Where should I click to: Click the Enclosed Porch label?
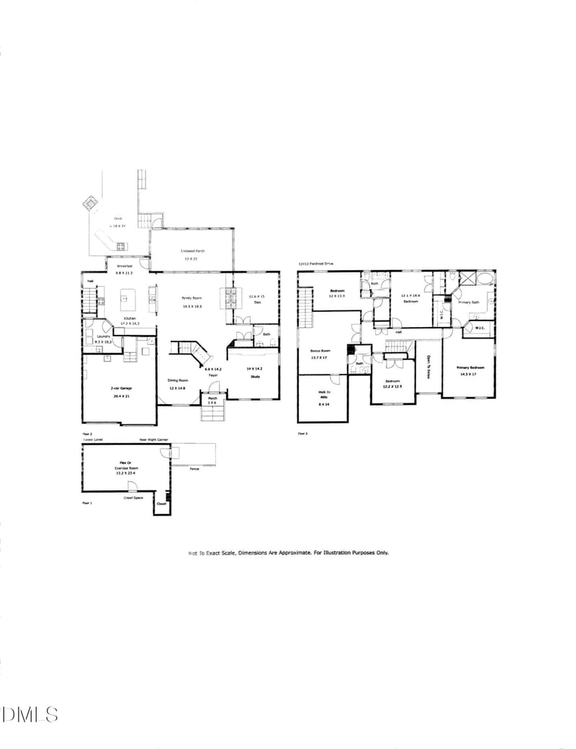tap(192, 251)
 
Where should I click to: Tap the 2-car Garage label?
tap(120, 388)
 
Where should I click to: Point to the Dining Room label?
tap(178, 380)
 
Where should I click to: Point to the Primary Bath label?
tap(469, 302)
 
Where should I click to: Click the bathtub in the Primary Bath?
tap(488, 279)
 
